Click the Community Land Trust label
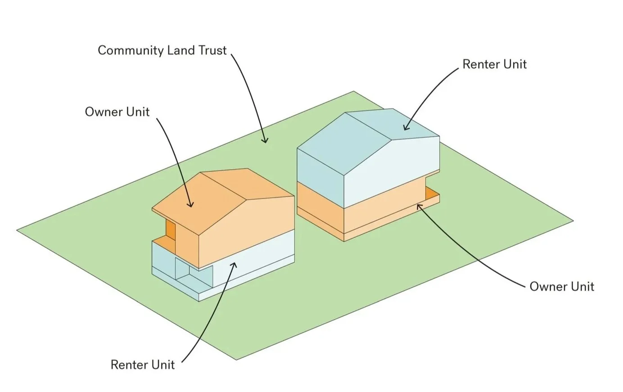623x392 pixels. [x=162, y=50]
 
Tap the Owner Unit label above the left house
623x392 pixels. [x=117, y=111]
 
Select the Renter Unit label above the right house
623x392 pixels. [x=494, y=64]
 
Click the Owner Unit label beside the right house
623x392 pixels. [x=562, y=286]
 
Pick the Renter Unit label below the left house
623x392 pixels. [x=142, y=364]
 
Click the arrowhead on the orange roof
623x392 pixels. [x=191, y=205]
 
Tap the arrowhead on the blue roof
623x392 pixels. [x=405, y=128]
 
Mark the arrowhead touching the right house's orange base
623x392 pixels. [x=419, y=205]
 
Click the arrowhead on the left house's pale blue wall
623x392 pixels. [x=233, y=264]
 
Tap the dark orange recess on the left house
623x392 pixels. [x=170, y=230]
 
